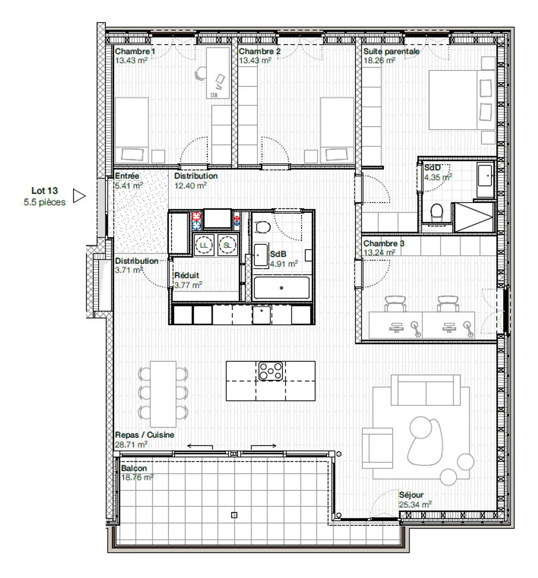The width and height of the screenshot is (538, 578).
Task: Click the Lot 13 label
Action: (x=44, y=191)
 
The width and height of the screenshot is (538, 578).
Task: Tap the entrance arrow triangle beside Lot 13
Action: (x=78, y=196)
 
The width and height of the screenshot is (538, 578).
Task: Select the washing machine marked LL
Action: (x=203, y=245)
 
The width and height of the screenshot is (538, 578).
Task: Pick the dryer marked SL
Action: (x=227, y=245)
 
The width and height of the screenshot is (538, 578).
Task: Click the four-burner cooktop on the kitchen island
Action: (x=270, y=371)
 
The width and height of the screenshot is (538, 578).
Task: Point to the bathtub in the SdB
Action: (x=281, y=288)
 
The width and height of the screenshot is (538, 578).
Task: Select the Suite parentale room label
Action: (x=391, y=52)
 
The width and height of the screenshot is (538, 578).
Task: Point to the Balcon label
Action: (x=134, y=468)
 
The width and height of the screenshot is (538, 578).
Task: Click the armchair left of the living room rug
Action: (x=377, y=448)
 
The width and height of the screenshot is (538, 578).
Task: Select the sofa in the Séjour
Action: (x=426, y=391)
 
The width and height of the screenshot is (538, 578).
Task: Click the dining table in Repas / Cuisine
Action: (x=163, y=394)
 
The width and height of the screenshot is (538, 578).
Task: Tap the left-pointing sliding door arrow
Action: (x=200, y=445)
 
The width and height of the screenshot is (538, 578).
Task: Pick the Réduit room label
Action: (x=186, y=276)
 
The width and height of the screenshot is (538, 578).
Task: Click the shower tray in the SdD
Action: (x=472, y=217)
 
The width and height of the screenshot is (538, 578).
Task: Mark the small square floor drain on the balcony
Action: (x=234, y=515)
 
